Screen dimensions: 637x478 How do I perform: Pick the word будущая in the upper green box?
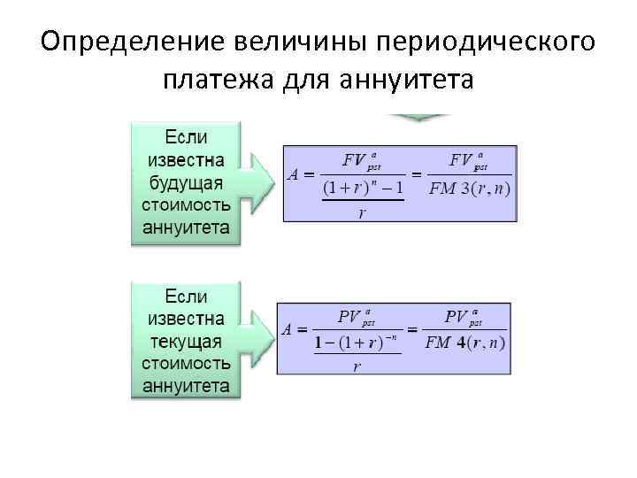click(186, 183)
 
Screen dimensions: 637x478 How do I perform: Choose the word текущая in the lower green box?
click(186, 341)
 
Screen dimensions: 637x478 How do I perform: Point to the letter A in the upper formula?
click(295, 174)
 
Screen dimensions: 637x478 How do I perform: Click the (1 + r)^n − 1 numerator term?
click(363, 188)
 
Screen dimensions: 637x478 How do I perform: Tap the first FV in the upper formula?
click(354, 160)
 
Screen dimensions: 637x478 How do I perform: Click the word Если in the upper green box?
click(186, 138)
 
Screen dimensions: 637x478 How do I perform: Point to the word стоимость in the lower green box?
click(186, 364)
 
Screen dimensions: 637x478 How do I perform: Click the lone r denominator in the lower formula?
click(357, 366)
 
